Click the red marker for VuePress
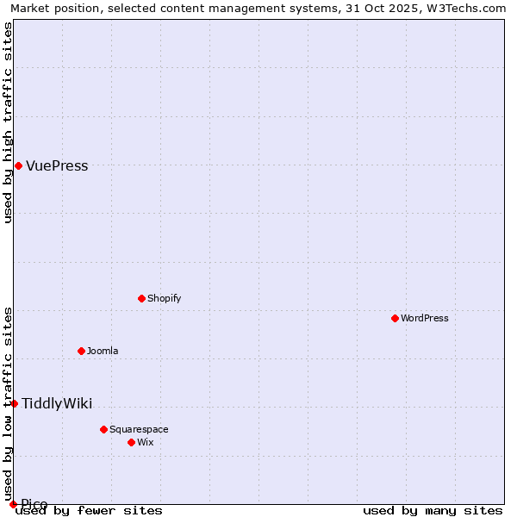click(18, 165)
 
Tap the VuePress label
click(57, 166)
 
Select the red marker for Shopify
click(142, 298)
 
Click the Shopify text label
click(164, 299)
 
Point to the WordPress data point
click(396, 318)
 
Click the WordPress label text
click(425, 319)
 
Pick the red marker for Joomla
click(82, 351)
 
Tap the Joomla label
click(103, 352)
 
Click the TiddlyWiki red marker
click(14, 403)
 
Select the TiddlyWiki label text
click(57, 404)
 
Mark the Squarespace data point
click(104, 429)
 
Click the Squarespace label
click(139, 430)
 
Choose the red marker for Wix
click(132, 442)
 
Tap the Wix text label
click(146, 443)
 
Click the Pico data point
click(13, 504)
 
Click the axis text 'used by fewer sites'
click(90, 511)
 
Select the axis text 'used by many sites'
click(433, 511)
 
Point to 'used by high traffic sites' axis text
click(8, 122)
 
